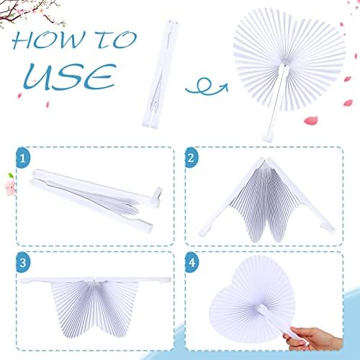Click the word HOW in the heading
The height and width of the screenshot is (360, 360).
(49, 40)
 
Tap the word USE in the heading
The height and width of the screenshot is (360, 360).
(70, 77)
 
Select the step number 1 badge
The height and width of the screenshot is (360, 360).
(23, 158)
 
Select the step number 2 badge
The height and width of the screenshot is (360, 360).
(191, 158)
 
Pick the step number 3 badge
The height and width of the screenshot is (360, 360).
(23, 262)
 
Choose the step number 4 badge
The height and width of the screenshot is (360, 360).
(192, 262)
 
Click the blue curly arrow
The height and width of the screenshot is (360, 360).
(207, 87)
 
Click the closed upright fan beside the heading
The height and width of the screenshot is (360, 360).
(159, 74)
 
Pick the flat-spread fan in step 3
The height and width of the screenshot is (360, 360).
(96, 305)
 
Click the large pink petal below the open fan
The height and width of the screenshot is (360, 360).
(311, 120)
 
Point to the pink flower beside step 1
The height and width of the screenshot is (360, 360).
(11, 184)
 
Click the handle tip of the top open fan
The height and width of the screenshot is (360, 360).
(267, 138)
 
